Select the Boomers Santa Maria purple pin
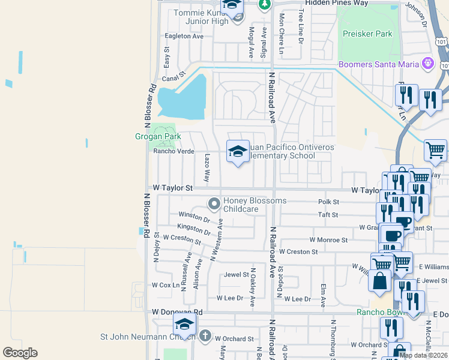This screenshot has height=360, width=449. pyautogui.click(x=427, y=62)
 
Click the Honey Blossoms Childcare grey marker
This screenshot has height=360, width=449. pyautogui.click(x=214, y=205)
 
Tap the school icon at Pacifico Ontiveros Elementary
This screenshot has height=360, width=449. pyautogui.click(x=238, y=151)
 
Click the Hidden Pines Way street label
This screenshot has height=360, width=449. pyautogui.click(x=336, y=3)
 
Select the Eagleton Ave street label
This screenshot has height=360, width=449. pyautogui.click(x=184, y=36)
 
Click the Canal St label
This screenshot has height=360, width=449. pyautogui.click(x=172, y=78)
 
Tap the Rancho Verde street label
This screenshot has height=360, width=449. pyautogui.click(x=173, y=151)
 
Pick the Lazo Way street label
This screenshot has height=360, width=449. pyautogui.click(x=207, y=168)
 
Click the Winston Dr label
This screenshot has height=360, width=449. pyautogui.click(x=194, y=216)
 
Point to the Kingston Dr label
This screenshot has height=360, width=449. pyautogui.click(x=193, y=229)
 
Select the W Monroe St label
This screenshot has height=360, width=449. pyautogui.click(x=328, y=240)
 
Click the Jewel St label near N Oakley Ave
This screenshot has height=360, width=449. pyautogui.click(x=237, y=275)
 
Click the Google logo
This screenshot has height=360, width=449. pyautogui.click(x=20, y=353)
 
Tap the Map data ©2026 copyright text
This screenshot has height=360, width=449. pyautogui.click(x=423, y=355)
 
